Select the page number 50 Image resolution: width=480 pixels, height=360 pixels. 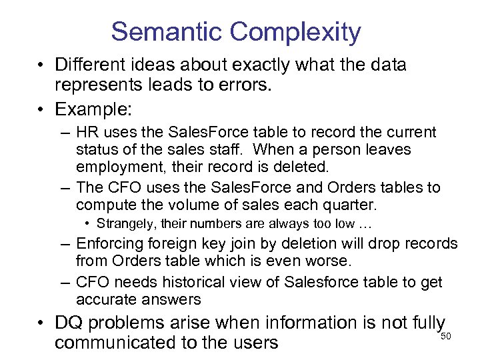(446, 336)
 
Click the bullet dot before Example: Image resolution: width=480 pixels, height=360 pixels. (41, 108)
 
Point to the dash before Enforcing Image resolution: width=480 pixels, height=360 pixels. (65, 244)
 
